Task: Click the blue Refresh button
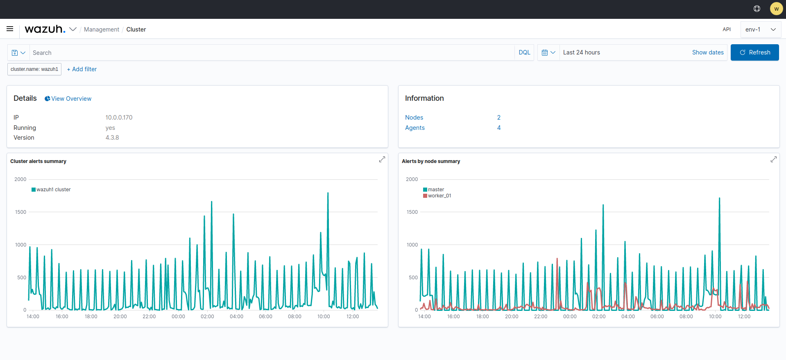(x=754, y=52)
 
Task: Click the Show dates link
(x=707, y=52)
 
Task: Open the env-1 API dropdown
(x=760, y=29)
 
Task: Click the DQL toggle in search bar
(x=524, y=52)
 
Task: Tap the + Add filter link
(x=82, y=69)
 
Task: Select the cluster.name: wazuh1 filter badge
(x=34, y=69)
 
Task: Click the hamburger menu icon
(x=10, y=29)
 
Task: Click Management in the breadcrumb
(x=101, y=29)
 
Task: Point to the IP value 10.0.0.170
(x=119, y=118)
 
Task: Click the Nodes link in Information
(x=414, y=118)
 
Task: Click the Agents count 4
(x=498, y=128)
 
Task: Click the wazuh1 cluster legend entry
(x=53, y=190)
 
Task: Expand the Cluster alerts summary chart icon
(x=382, y=159)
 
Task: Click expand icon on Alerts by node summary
(x=773, y=159)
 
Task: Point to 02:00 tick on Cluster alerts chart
(x=207, y=317)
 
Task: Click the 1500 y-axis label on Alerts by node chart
(x=412, y=212)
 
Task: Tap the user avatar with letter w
(x=776, y=9)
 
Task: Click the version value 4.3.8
(x=112, y=138)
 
